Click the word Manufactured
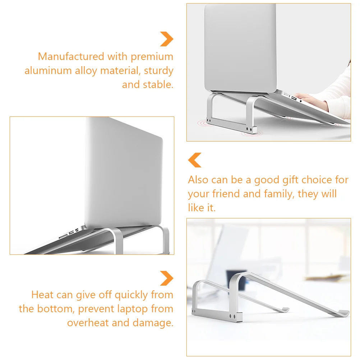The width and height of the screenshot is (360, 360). click(x=71, y=56)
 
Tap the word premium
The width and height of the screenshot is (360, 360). click(x=152, y=57)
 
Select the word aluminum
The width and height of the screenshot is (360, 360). click(x=48, y=70)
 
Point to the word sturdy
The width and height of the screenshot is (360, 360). click(x=159, y=71)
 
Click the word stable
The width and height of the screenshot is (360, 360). click(x=158, y=84)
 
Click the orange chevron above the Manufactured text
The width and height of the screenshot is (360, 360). click(x=167, y=39)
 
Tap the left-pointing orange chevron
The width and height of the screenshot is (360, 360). click(x=195, y=160)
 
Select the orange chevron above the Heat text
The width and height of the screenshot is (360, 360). click(x=167, y=278)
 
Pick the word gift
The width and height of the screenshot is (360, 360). click(x=290, y=180)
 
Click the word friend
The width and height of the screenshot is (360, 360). click(x=226, y=194)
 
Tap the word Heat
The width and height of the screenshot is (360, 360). click(x=42, y=295)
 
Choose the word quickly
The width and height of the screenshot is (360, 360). click(x=131, y=295)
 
